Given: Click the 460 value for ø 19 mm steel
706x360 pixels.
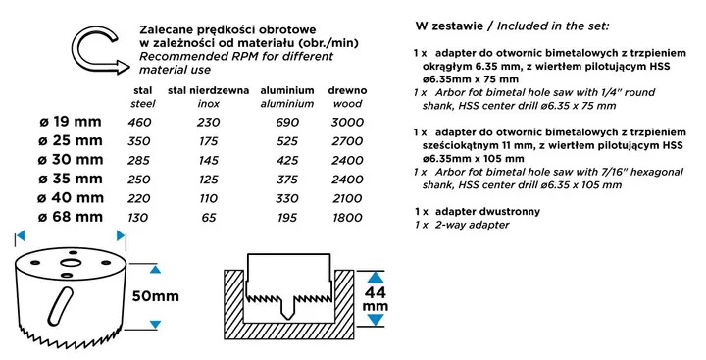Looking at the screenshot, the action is pyautogui.click(x=139, y=122).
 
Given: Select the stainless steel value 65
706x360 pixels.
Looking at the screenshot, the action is pyautogui.click(x=209, y=218).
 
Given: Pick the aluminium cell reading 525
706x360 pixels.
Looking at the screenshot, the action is pyautogui.click(x=286, y=141).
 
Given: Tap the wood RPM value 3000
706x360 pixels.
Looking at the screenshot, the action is pyautogui.click(x=347, y=122).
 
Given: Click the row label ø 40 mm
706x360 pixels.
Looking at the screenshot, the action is pyautogui.click(x=71, y=198).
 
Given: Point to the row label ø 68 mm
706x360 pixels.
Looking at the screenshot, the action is pyautogui.click(x=71, y=217).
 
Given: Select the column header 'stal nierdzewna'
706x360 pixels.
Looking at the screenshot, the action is pyautogui.click(x=208, y=90).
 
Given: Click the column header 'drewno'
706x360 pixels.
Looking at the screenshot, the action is pyautogui.click(x=347, y=90).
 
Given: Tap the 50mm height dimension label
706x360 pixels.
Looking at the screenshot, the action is pyautogui.click(x=155, y=296).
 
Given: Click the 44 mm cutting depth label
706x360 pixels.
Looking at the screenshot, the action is pyautogui.click(x=375, y=299).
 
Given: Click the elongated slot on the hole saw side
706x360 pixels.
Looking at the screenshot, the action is pyautogui.click(x=60, y=306).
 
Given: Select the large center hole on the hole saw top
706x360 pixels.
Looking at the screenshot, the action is pyautogui.click(x=71, y=263).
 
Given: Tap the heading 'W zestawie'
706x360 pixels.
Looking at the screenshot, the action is pyautogui.click(x=449, y=26).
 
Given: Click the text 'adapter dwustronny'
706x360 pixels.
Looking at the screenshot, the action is pyautogui.click(x=487, y=211).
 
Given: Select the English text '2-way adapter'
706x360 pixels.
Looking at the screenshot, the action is pyautogui.click(x=472, y=225).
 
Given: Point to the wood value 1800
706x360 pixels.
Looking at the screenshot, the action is pyautogui.click(x=347, y=218).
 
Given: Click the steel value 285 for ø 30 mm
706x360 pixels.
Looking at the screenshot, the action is pyautogui.click(x=139, y=160).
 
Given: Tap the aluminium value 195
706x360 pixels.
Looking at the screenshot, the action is pyautogui.click(x=286, y=218).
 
